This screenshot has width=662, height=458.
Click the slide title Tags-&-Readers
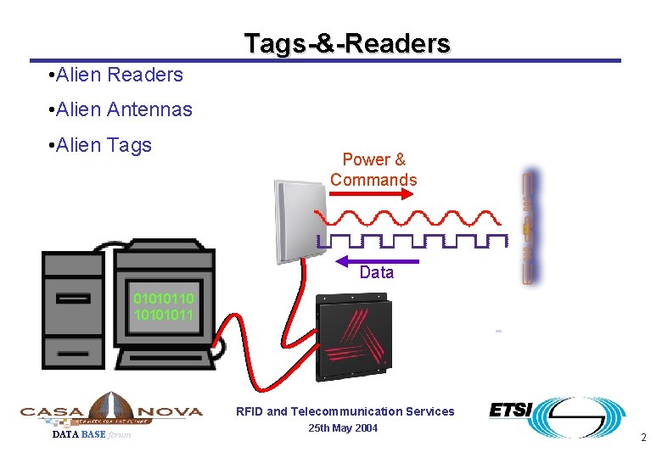tap(347, 43)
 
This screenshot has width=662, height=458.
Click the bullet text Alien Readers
tap(116, 75)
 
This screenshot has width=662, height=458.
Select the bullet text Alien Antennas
tap(121, 109)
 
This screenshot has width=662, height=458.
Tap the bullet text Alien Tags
tap(101, 145)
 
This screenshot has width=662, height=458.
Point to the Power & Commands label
tap(373, 170)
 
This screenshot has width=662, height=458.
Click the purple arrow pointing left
tap(378, 260)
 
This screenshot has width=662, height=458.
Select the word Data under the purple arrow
tap(377, 273)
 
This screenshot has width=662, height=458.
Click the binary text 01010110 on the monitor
tap(163, 299)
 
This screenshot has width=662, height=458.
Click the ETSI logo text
tap(510, 411)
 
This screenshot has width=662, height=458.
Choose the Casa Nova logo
tap(111, 411)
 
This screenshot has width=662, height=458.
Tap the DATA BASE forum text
tap(92, 435)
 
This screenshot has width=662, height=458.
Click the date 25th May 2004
tap(344, 428)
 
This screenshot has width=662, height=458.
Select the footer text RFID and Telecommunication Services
tap(345, 411)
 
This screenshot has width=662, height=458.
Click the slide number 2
tap(643, 438)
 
